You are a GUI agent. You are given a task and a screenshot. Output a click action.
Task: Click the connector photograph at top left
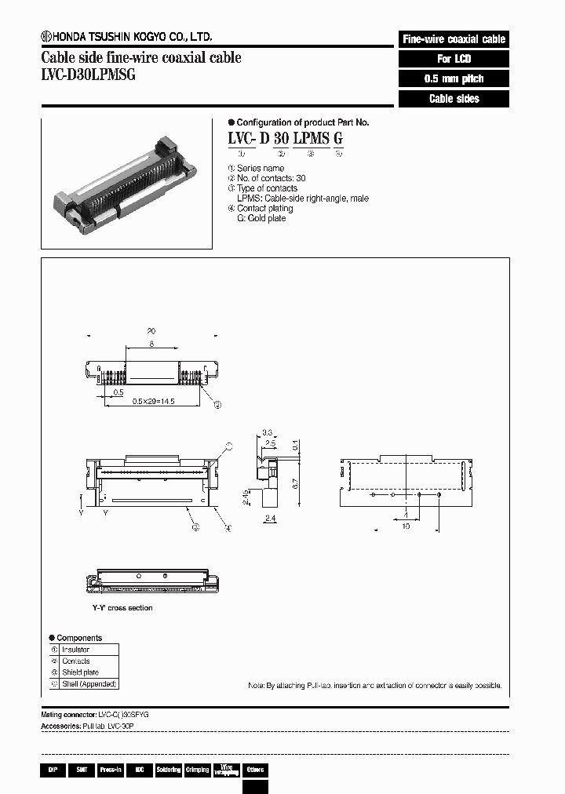[126, 182]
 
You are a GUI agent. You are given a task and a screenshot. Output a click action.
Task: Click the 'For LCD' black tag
[454, 59]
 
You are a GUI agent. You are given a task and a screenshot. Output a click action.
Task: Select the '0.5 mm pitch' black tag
[454, 79]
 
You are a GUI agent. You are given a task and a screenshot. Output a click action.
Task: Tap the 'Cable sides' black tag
[454, 99]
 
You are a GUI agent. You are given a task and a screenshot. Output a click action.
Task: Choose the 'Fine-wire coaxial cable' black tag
[454, 39]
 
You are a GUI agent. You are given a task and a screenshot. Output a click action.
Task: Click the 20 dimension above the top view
[151, 331]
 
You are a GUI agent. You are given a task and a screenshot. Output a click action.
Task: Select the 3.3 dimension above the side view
[268, 432]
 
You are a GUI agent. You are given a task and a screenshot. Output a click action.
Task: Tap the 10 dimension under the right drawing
[406, 527]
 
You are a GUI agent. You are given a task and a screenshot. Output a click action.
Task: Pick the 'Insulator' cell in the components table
[75, 650]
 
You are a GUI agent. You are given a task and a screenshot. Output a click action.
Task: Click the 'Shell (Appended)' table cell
[89, 684]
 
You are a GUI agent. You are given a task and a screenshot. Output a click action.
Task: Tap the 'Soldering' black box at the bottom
[169, 770]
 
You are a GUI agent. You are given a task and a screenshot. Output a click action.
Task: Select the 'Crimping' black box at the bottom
[197, 770]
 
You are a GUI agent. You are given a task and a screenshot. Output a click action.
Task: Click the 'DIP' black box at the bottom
[52, 770]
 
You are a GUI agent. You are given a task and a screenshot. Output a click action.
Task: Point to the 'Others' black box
[255, 770]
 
